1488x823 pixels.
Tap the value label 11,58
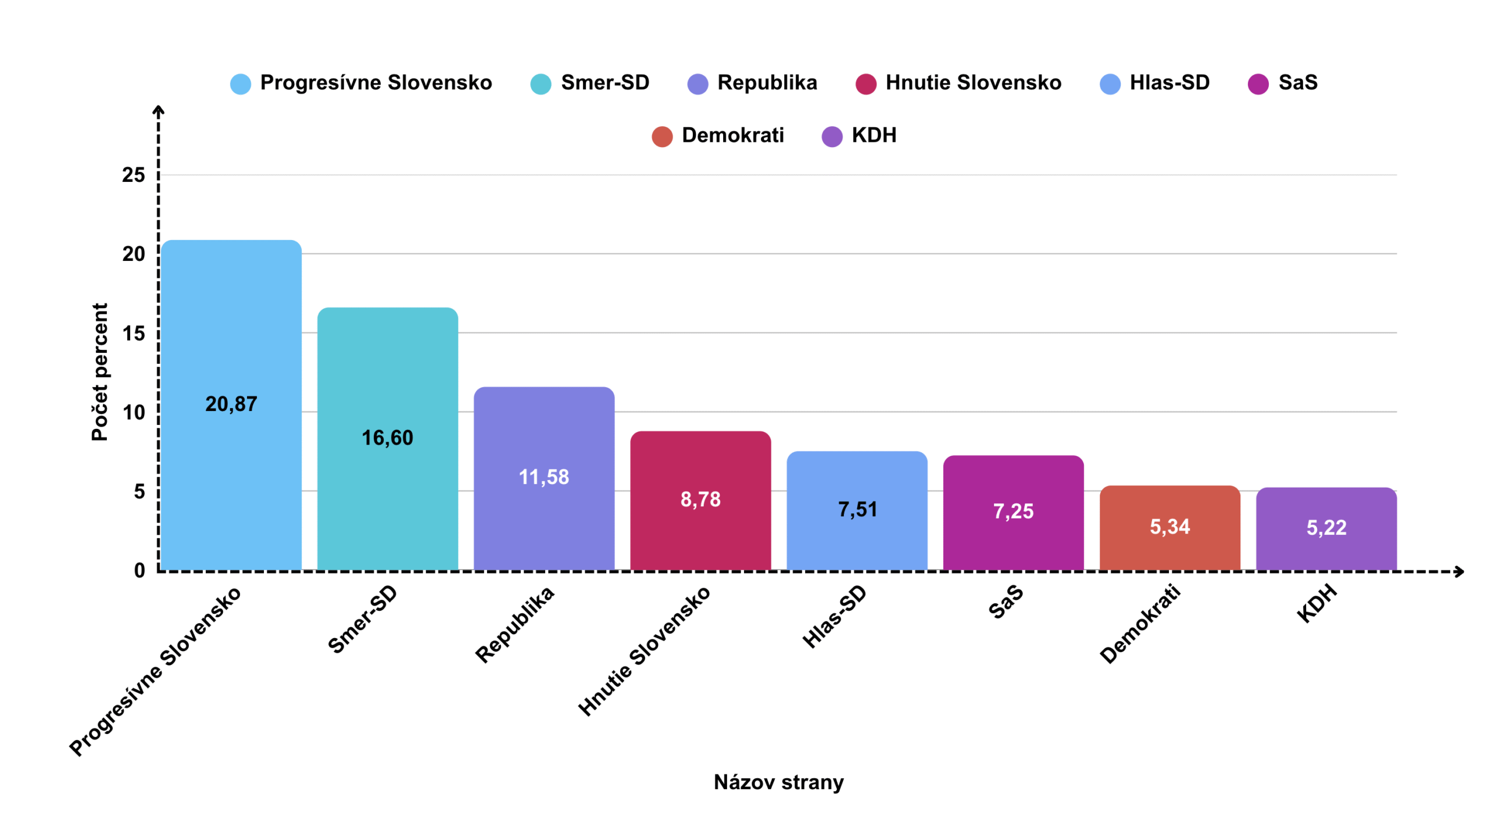pyautogui.click(x=543, y=477)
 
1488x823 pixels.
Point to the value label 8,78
pyautogui.click(x=700, y=499)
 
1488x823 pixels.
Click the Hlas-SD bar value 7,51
pyautogui.click(x=857, y=510)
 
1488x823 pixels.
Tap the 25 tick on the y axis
pyautogui.click(x=133, y=175)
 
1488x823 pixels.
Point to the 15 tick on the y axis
pyautogui.click(x=133, y=334)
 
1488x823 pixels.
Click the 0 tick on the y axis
pyautogui.click(x=139, y=570)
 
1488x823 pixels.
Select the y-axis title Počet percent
pyautogui.click(x=100, y=372)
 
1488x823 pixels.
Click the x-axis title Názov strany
pyautogui.click(x=778, y=782)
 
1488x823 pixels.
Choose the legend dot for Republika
pyautogui.click(x=697, y=84)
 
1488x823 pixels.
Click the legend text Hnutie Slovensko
pyautogui.click(x=973, y=83)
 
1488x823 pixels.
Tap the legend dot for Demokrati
pyautogui.click(x=662, y=137)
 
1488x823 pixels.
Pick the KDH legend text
pyautogui.click(x=874, y=135)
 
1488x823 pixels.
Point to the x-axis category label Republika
pyautogui.click(x=514, y=624)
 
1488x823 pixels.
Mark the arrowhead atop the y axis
pyautogui.click(x=158, y=109)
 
